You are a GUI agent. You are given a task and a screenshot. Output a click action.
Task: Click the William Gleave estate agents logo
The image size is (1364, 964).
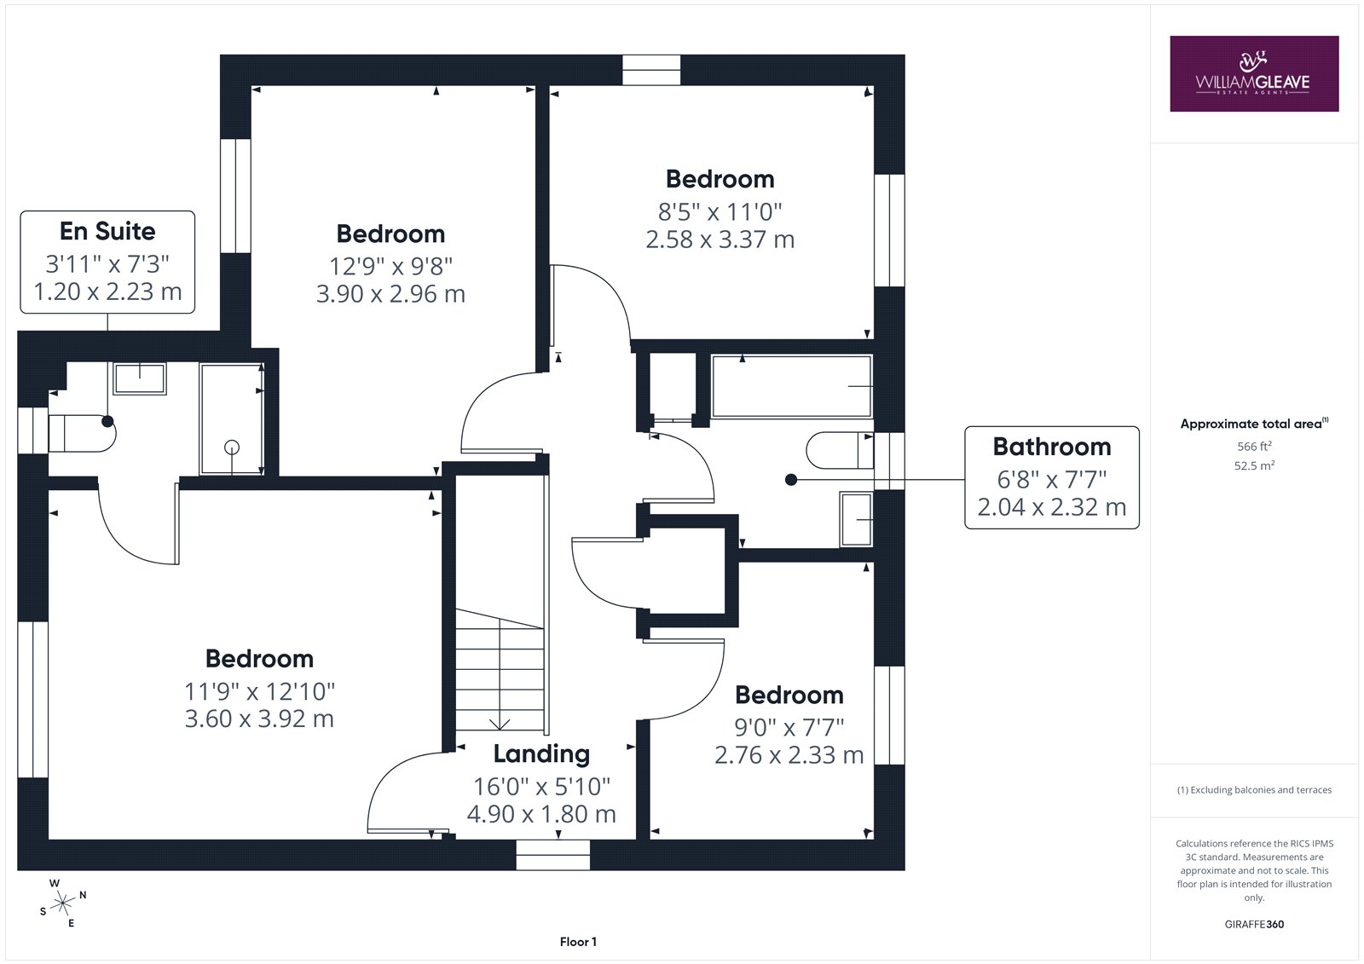1254,73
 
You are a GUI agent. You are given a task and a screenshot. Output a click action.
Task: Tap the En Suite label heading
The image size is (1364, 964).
107,231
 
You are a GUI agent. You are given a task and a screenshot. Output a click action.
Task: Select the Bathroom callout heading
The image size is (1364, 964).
1052,447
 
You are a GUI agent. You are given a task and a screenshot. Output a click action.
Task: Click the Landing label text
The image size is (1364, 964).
541,754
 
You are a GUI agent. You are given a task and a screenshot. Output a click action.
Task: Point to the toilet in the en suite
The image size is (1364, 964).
82,434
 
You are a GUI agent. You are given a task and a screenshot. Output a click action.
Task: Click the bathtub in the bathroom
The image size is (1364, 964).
792,387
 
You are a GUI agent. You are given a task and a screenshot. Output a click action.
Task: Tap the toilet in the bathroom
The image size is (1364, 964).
840,451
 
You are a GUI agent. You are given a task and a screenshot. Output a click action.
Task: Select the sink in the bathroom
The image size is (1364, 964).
856,519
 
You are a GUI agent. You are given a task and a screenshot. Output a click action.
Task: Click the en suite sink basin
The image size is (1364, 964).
140,378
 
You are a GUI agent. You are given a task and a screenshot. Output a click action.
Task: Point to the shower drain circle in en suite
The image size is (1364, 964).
231,447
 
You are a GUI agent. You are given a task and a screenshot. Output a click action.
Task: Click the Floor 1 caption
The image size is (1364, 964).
578,942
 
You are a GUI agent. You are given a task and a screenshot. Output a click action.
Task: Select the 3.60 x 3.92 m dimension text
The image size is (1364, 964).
259,719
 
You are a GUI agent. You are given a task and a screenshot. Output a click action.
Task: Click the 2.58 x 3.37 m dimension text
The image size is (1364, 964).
720,240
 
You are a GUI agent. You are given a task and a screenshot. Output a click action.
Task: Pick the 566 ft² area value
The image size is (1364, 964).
1254,447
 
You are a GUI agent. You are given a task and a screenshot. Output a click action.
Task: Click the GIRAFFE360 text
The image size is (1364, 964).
1254,924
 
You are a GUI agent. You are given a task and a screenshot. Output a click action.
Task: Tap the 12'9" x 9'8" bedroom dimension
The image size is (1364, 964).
391,267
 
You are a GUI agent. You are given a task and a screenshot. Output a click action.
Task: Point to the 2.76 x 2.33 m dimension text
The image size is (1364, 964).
789,755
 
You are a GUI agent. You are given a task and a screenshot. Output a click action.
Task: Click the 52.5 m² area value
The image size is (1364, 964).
1254,466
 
